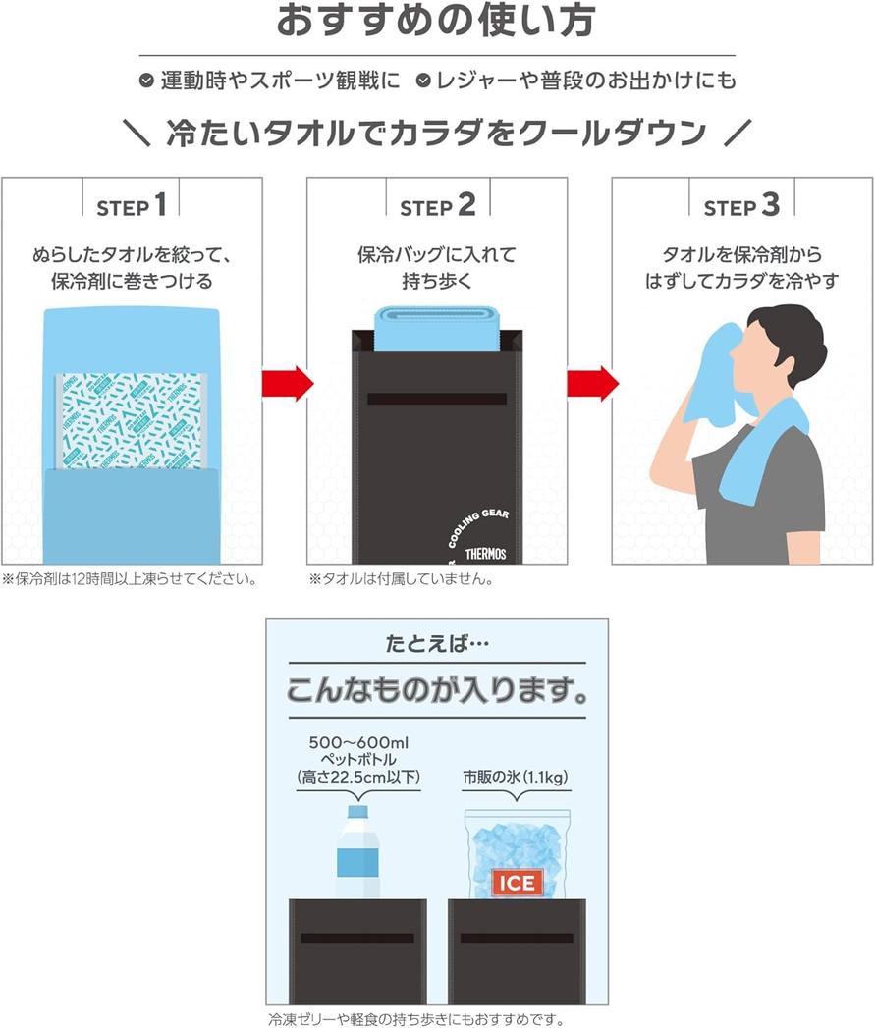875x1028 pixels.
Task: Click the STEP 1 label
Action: (x=132, y=206)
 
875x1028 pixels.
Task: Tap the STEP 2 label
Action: (x=438, y=206)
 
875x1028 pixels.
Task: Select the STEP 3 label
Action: (x=741, y=206)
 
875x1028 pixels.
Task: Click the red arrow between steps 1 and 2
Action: (x=286, y=383)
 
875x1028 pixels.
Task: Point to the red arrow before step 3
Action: (x=591, y=383)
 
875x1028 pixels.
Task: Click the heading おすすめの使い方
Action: (x=436, y=22)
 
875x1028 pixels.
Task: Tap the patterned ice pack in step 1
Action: (x=132, y=420)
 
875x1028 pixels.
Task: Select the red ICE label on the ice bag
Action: (x=517, y=882)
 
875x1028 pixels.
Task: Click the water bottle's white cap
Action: (x=356, y=812)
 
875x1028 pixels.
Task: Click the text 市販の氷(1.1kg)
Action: (x=516, y=778)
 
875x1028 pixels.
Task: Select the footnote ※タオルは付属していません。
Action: (x=401, y=579)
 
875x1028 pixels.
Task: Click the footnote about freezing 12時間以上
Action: (x=130, y=579)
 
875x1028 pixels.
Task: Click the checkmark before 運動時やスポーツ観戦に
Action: (x=146, y=81)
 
